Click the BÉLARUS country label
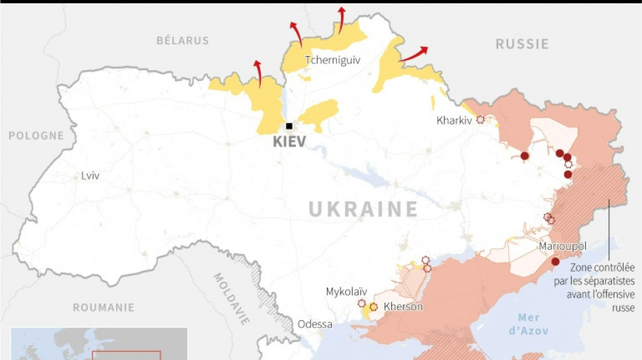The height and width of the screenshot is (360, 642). tap(182, 41)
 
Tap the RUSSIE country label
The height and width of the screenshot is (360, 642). tap(522, 45)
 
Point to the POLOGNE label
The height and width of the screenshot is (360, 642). tap(36, 136)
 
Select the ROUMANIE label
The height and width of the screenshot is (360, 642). tap(103, 307)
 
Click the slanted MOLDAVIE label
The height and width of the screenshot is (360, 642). tap(231, 298)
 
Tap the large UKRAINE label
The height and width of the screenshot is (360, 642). tap(364, 209)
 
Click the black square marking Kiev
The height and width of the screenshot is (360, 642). tap(289, 126)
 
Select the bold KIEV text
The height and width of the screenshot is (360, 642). tap(289, 143)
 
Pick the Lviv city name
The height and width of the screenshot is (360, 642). tap(90, 176)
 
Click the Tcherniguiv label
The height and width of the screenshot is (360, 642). tap(332, 60)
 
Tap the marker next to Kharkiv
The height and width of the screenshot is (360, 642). tap(480, 120)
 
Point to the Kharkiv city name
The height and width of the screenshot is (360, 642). tap(455, 121)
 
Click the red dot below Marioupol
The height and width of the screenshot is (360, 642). tap(555, 261)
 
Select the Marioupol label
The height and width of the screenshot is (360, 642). tap(562, 247)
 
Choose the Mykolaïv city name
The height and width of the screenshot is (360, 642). tap(347, 292)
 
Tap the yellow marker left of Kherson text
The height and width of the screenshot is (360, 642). tap(373, 307)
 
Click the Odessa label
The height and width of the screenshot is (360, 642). tap(315, 324)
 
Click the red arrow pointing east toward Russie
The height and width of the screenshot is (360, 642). tap(414, 54)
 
